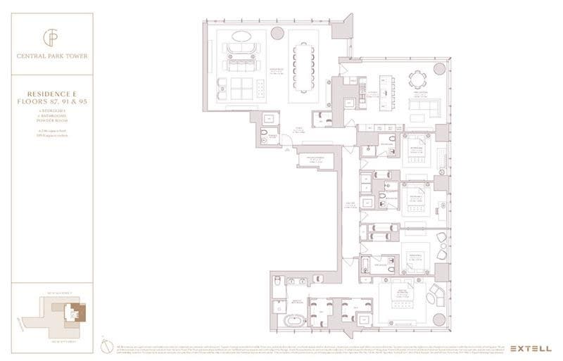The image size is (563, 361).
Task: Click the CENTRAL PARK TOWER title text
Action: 53,56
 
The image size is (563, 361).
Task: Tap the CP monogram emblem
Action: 53,37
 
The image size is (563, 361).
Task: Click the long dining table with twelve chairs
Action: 303,66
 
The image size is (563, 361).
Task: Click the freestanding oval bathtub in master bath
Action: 293,321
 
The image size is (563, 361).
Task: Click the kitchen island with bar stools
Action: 386,91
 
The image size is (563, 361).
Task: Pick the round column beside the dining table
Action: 277,32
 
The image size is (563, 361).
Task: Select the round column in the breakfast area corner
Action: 441,68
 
